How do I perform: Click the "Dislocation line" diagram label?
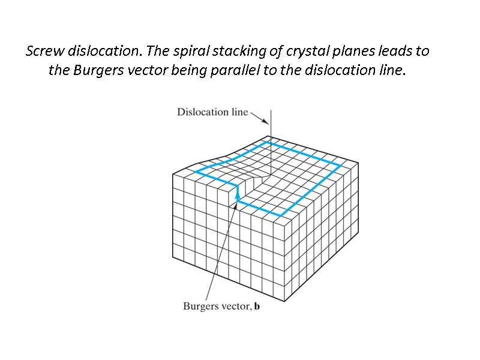click(x=212, y=112)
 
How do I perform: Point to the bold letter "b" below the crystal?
click(x=257, y=307)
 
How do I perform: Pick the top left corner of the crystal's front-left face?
click(x=173, y=174)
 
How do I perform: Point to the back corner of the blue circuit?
click(x=269, y=143)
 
